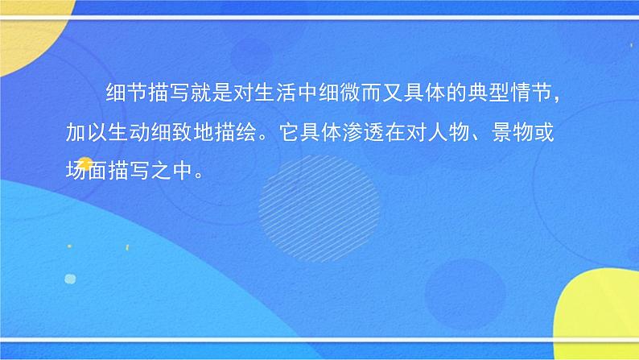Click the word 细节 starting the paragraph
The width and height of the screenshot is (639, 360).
click(x=123, y=95)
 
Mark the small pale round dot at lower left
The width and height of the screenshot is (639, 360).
click(x=69, y=279)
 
